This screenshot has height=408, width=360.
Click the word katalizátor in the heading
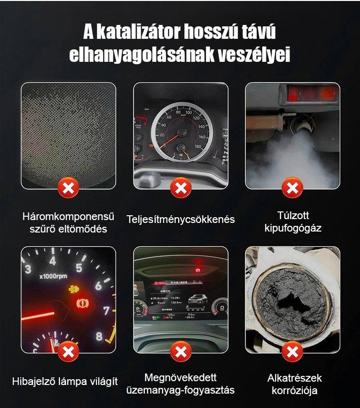[x=140, y=32]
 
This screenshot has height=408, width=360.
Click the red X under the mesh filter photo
[x=69, y=188]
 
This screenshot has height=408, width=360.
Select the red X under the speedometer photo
[x=181, y=188]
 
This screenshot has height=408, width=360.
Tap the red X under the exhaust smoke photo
[x=292, y=188]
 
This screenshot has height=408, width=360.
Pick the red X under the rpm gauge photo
[x=69, y=352]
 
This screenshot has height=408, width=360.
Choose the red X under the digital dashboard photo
[x=181, y=352]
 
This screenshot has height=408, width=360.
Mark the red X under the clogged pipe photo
[x=292, y=352]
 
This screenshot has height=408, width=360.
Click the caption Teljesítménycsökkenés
[x=180, y=220]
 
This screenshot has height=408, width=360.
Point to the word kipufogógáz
[x=293, y=228]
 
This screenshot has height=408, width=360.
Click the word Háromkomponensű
[x=68, y=217]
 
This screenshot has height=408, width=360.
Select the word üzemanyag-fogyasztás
[x=180, y=390]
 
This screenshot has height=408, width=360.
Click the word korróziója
[x=294, y=391]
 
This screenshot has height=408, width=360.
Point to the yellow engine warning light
[x=74, y=289]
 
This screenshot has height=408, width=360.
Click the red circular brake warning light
[x=83, y=303]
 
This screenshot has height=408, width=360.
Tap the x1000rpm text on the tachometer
[x=53, y=276]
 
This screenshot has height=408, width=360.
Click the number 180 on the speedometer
[x=198, y=146]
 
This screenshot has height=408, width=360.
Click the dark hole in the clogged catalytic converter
[x=293, y=304]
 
